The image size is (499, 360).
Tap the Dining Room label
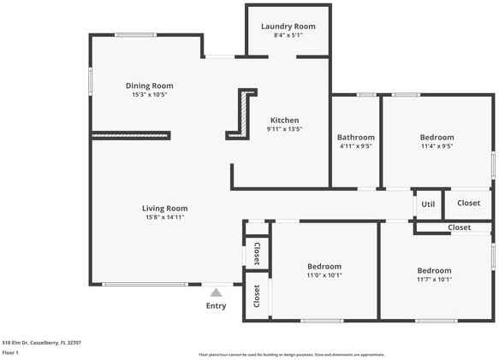[150, 86]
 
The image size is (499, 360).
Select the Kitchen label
[284, 120]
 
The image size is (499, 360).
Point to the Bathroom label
[355, 137]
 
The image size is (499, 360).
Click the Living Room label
[164, 208]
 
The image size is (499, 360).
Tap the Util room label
[428, 204]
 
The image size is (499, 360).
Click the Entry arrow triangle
[216, 292]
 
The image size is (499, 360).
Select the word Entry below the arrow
[216, 305]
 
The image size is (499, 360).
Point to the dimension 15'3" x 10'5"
[149, 95]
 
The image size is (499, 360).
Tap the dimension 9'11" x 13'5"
[285, 129]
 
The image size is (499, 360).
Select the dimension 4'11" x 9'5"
[355, 146]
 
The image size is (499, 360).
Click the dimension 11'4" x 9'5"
[437, 146]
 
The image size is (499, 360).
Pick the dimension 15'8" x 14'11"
[164, 217]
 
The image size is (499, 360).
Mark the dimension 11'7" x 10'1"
[434, 279]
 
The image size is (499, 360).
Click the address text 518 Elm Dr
[41, 343]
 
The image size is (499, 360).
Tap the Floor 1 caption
[11, 352]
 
